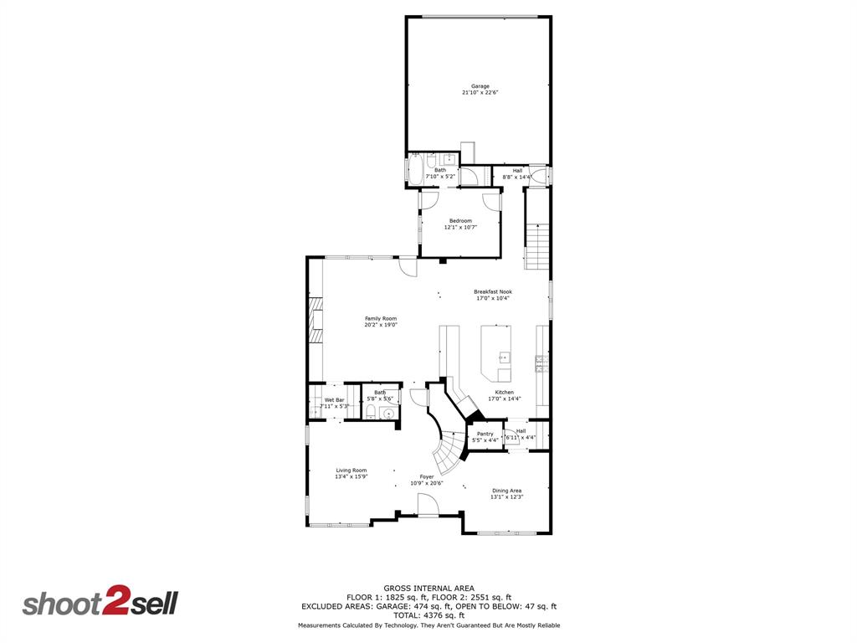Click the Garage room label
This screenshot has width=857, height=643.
tap(480, 86)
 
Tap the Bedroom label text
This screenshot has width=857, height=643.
tap(460, 221)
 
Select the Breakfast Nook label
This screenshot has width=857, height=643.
tap(492, 292)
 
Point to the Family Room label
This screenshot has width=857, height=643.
tap(380, 318)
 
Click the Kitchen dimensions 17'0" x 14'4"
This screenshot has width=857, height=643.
tap(504, 399)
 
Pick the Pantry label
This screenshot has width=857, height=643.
tap(485, 434)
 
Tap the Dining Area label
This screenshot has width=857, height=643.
tap(506, 491)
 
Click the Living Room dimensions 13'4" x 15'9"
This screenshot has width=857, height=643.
tap(351, 476)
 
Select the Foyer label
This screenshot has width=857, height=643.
tap(427, 476)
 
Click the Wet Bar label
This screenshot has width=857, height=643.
tap(334, 400)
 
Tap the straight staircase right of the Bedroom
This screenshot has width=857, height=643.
tap(536, 247)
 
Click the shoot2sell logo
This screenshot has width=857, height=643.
tap(100, 604)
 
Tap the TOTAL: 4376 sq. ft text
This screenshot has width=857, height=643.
tap(428, 615)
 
